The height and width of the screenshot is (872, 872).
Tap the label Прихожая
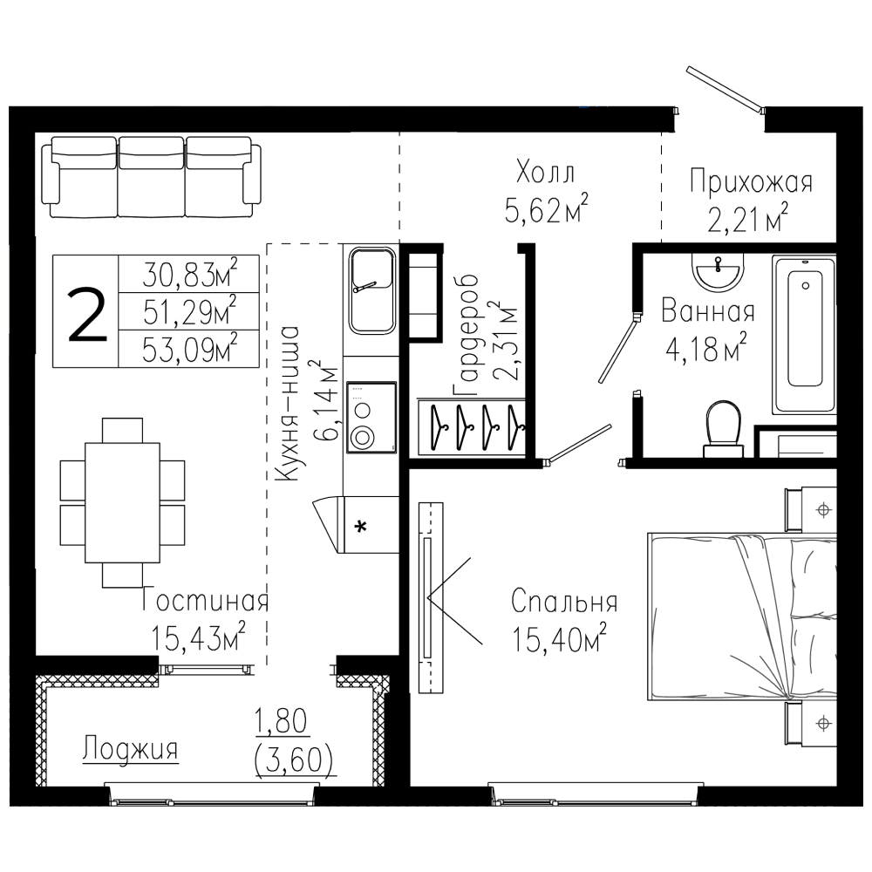coord(751,182)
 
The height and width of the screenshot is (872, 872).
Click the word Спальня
coord(565,603)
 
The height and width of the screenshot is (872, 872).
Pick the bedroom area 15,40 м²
coord(559,643)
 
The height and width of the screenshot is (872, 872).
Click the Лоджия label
coord(131,750)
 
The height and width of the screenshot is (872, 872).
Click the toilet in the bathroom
coord(723,427)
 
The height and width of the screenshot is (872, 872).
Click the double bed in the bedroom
coord(741,617)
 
